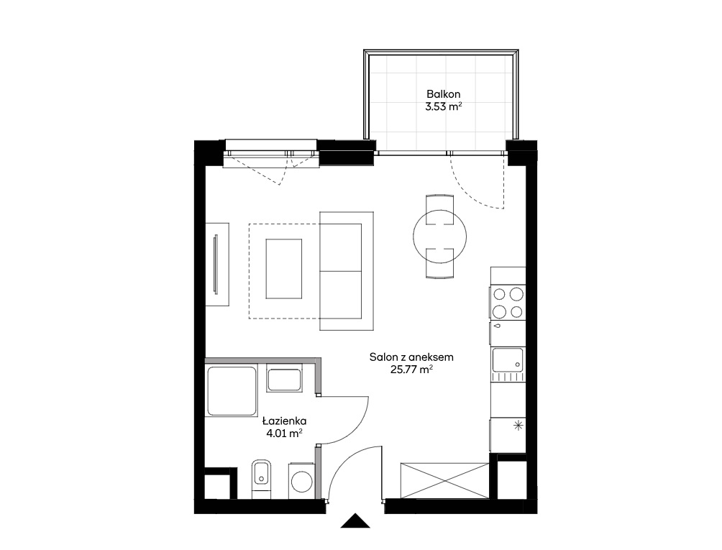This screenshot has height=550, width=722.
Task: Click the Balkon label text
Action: pyautogui.click(x=443, y=94)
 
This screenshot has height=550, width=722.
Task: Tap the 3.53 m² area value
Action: pyautogui.click(x=444, y=107)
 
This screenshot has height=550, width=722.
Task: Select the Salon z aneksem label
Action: pyautogui.click(x=411, y=357)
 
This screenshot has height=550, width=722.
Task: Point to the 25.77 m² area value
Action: pyautogui.click(x=411, y=370)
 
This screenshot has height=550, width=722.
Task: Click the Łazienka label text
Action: pyautogui.click(x=284, y=421)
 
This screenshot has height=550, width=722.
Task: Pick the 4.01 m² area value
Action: pyautogui.click(x=284, y=433)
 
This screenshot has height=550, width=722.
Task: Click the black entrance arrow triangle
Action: pyautogui.click(x=355, y=521)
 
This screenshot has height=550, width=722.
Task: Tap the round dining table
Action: pyautogui.click(x=439, y=236)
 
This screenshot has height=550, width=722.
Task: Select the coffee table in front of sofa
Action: pyautogui.click(x=283, y=268)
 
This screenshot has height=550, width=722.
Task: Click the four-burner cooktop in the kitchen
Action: pyautogui.click(x=508, y=303)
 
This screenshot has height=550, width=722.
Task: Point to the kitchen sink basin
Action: pyautogui.click(x=508, y=360)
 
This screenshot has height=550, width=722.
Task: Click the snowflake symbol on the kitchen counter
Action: pyautogui.click(x=518, y=426)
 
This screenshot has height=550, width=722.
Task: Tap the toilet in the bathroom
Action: pyautogui.click(x=262, y=479)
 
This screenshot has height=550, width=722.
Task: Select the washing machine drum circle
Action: pyautogui.click(x=301, y=483)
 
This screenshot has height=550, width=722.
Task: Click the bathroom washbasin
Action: pyautogui.click(x=284, y=378)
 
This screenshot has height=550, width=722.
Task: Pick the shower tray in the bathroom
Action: pyautogui.click(x=232, y=391)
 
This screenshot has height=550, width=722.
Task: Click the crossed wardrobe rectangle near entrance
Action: pyautogui.click(x=444, y=480)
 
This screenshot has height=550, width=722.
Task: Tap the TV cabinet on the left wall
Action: pyautogui.click(x=217, y=264)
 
